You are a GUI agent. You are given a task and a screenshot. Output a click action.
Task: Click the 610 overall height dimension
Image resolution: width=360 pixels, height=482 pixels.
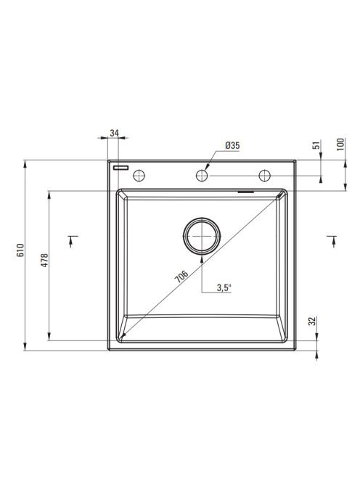coord(20,250)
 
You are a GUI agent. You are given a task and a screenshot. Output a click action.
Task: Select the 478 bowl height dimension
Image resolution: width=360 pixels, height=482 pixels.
coord(45,260)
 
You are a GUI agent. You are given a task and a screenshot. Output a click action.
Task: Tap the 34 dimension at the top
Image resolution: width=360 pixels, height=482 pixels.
coord(114,133)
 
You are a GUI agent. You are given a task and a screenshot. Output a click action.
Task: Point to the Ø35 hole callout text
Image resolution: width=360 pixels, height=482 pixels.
coord(232,145)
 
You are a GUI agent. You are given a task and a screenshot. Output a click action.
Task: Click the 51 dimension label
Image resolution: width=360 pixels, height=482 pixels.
coord(316,144)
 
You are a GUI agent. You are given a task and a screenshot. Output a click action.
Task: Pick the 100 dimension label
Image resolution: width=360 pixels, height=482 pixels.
coord(341,144)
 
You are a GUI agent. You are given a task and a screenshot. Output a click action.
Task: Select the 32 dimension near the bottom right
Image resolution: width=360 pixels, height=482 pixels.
coord(312,322)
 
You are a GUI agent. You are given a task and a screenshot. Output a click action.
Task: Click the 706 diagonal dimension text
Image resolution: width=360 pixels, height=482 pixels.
coord(181,277)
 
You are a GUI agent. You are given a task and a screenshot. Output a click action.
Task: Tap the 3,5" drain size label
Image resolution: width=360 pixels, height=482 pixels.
coord(224,287)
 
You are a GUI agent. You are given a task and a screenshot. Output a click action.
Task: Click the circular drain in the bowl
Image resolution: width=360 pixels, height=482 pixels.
coord(202,236)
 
